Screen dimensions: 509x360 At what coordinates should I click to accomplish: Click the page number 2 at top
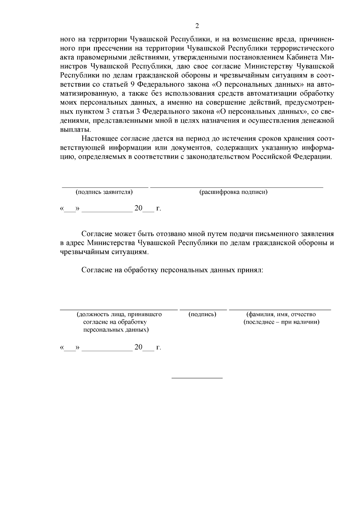pos(197,26)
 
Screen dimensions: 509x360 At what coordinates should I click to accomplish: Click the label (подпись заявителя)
pos(104,192)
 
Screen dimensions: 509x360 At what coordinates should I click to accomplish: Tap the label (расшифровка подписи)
pos(233,192)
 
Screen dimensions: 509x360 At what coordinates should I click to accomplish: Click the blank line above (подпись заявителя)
pos(105,187)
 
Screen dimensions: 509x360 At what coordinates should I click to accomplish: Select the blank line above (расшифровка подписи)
pos(236,187)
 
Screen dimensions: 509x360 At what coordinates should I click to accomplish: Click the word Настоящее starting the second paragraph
pos(100,139)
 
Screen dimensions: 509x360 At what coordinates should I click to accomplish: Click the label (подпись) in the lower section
pos(202,314)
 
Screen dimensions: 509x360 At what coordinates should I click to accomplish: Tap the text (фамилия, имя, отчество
pos(281,314)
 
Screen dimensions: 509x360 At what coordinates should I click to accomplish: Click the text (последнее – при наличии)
pos(281,322)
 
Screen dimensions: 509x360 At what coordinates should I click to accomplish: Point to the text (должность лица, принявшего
pos(119,314)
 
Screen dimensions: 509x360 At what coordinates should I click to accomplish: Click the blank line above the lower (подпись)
pos(203,309)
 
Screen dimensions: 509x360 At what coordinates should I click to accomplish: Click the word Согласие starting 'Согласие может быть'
pos(97,234)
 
